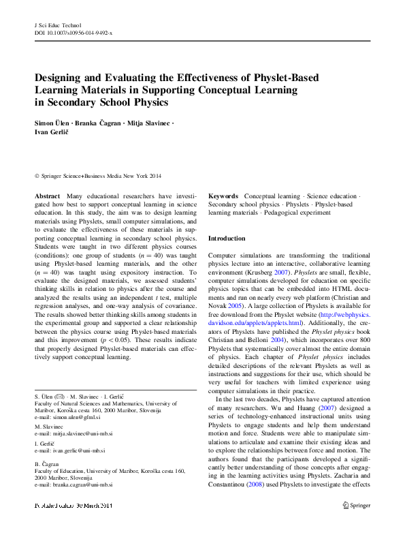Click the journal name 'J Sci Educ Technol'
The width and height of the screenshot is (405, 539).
pyautogui.click(x=56, y=25)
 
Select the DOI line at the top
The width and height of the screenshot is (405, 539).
pyautogui.click(x=74, y=32)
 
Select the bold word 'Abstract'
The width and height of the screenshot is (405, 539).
pyautogui.click(x=47, y=196)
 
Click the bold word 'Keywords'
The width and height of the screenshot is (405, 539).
pyautogui.click(x=223, y=196)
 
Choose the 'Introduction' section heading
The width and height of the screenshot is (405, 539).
pyautogui.click(x=227, y=238)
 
